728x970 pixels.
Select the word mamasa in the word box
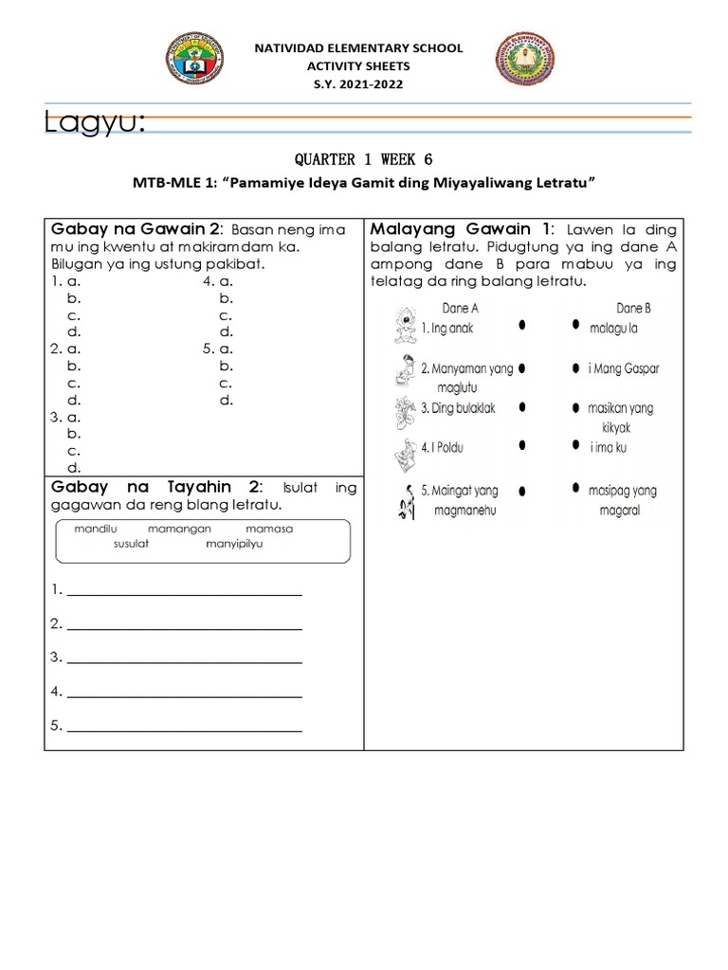pos(270,529)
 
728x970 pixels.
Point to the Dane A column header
pos(461,308)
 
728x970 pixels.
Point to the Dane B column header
pos(634,308)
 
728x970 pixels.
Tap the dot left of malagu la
pos(575,325)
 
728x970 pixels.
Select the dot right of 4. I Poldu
pos(522,444)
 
